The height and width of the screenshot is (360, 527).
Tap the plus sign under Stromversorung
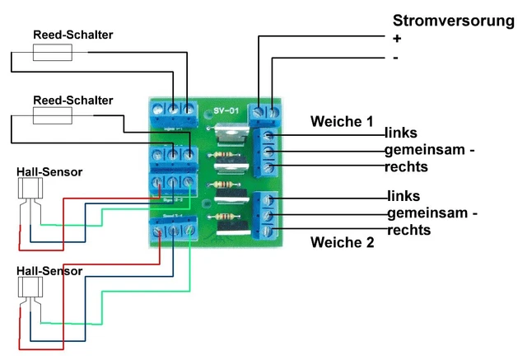397,39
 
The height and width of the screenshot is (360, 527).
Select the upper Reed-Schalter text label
73,35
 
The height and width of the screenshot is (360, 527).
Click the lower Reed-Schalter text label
72,100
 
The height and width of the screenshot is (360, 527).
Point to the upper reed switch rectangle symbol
52,54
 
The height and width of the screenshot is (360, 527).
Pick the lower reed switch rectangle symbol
52,118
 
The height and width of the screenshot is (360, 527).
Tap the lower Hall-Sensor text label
49,269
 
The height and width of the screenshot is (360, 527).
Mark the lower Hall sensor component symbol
30,291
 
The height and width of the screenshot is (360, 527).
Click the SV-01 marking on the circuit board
226,110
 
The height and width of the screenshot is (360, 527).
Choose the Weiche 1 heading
341,121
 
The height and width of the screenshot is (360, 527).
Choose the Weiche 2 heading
342,243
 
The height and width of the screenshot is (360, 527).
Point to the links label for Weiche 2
403,196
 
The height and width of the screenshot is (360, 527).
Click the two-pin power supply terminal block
267,110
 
